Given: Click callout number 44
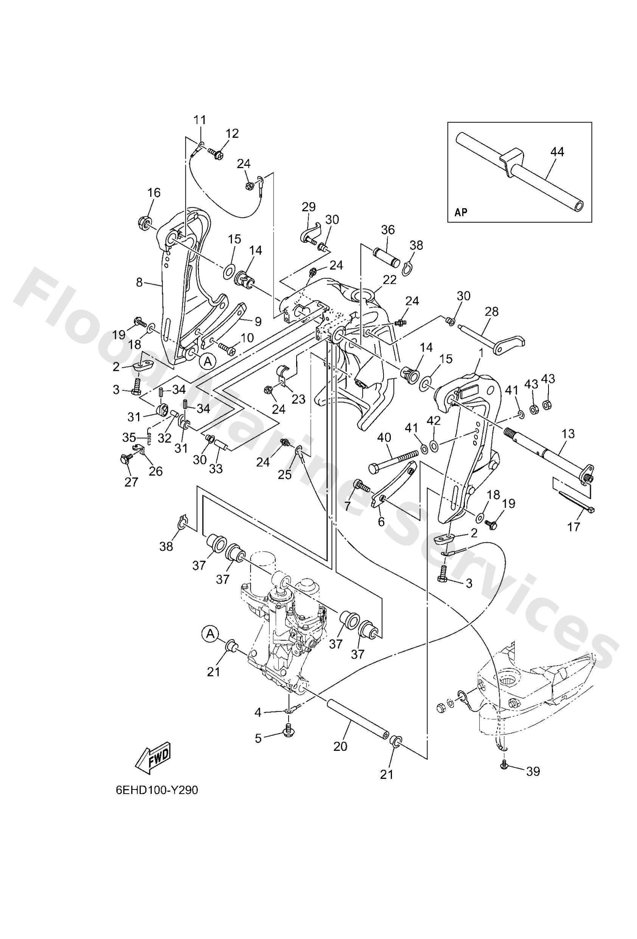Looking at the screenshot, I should (557, 152).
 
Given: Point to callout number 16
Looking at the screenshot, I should (154, 192).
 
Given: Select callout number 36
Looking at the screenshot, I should (388, 230).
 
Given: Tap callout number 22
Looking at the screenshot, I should (390, 280).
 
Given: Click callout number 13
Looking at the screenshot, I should (568, 434).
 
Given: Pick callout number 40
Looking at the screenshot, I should (384, 438).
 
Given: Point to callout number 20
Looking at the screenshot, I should (340, 746).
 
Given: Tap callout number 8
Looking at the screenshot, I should (139, 282).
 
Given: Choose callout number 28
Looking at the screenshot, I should (492, 311).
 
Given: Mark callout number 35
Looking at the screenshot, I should (129, 438).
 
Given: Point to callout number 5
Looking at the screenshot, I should (258, 738).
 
